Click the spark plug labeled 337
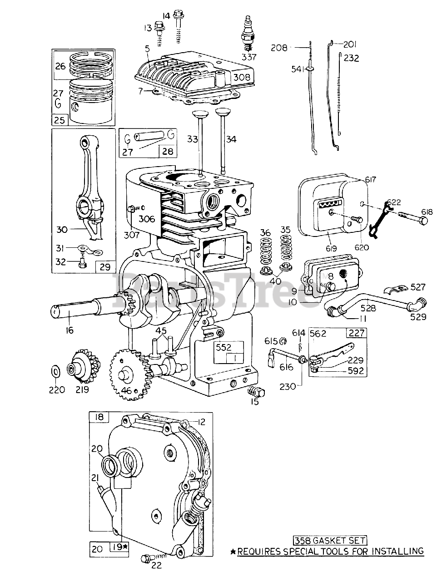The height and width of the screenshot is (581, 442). (248, 34)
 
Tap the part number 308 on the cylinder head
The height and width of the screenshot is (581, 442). (242, 77)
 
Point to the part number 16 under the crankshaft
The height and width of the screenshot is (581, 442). (69, 330)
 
